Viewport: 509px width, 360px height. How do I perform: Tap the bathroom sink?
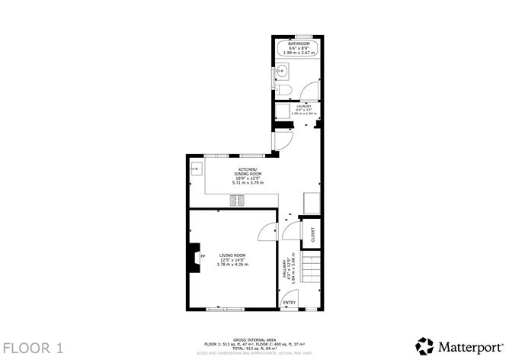[x=281, y=73]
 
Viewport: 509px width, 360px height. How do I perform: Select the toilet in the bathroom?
[x=282, y=92]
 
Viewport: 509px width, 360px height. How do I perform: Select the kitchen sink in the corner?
[x=195, y=169]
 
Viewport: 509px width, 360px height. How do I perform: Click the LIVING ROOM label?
[x=232, y=255]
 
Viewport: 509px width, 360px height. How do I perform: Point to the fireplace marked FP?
[x=196, y=257]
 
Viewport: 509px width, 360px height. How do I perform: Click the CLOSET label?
[x=312, y=235]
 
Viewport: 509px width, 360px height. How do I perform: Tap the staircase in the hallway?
[x=309, y=268]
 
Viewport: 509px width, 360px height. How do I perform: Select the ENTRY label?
[x=290, y=303]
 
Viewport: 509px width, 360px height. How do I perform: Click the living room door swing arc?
[x=267, y=229]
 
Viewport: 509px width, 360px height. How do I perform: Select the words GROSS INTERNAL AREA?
[x=254, y=339]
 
